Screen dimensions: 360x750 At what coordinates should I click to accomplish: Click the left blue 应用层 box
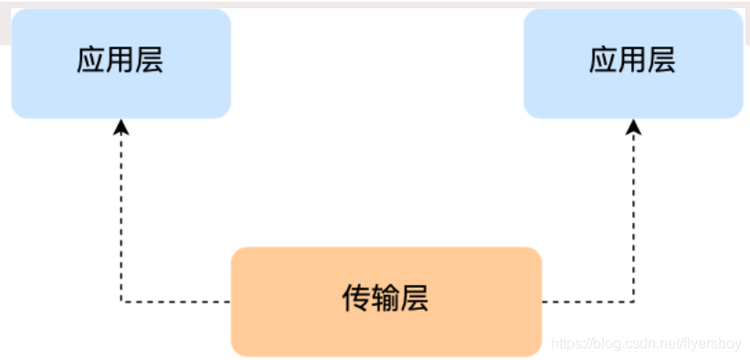[121, 63]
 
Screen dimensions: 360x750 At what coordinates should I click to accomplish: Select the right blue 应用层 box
[633, 63]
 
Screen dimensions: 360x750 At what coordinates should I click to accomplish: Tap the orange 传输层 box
[386, 301]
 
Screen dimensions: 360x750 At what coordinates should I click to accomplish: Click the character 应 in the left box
[91, 61]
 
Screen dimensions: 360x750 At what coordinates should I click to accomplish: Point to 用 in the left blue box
[121, 61]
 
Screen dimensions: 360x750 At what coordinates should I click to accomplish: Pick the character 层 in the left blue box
[149, 61]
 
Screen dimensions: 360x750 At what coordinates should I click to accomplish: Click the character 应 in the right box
[604, 61]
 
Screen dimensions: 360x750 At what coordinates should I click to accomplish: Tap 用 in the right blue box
[633, 61]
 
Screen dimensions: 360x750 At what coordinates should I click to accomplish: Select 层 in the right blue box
[661, 61]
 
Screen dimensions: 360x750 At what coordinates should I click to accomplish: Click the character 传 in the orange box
[356, 298]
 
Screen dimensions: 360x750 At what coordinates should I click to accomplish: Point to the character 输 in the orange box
[386, 298]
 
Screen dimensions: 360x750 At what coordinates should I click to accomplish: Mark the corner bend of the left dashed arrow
[121, 301]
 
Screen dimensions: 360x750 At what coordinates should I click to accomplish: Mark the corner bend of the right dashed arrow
[633, 301]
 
